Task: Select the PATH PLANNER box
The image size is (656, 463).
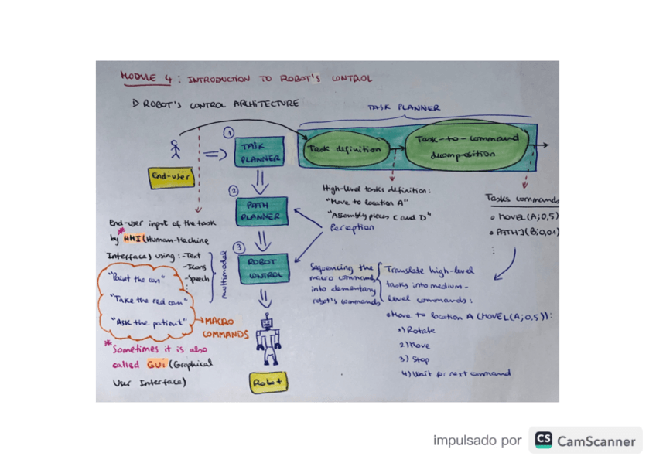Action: click(x=262, y=211)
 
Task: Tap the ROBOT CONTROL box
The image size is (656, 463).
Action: click(x=262, y=267)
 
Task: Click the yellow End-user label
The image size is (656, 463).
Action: click(x=171, y=178)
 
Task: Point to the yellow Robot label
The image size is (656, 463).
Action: click(x=268, y=382)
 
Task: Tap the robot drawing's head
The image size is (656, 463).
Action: click(x=268, y=320)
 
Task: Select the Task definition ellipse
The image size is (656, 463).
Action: click(x=344, y=148)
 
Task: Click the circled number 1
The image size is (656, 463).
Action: click(x=229, y=132)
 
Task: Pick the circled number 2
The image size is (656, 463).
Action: click(x=233, y=190)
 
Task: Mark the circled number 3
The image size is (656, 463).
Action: click(x=239, y=247)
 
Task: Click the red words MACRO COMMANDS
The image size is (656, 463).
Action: click(x=224, y=329)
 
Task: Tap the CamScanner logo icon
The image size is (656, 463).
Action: click(x=544, y=441)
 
